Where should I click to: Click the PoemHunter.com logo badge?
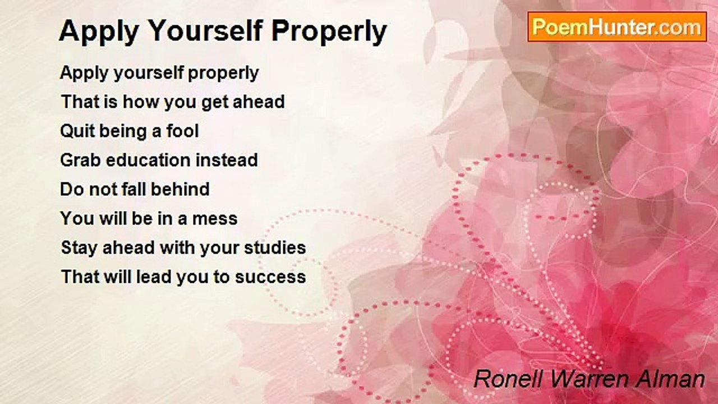click(617, 27)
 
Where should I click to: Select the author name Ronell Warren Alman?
click(589, 379)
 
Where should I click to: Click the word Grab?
click(79, 160)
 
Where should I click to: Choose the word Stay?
click(79, 248)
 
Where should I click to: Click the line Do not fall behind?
click(135, 189)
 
